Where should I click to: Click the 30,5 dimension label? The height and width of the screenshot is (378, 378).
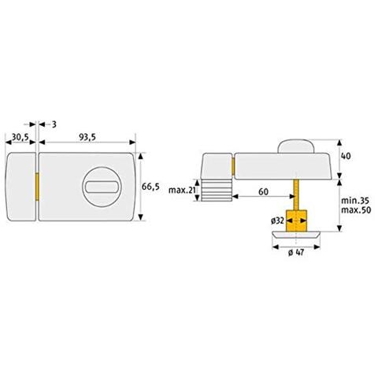[x=20, y=137]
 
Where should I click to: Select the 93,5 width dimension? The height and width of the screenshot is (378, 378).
[x=87, y=137]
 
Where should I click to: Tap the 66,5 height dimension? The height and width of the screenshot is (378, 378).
[x=150, y=187]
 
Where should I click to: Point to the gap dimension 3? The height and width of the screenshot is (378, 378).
[x=54, y=124]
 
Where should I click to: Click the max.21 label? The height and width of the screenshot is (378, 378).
[x=182, y=190]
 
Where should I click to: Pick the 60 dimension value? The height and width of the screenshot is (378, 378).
[x=263, y=192]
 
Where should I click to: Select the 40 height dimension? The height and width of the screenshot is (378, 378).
[x=346, y=156]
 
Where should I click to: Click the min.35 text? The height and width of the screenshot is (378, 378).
[x=355, y=201]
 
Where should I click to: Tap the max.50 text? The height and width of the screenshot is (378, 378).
[x=356, y=210]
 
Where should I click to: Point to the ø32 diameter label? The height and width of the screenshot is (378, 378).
[x=277, y=220]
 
